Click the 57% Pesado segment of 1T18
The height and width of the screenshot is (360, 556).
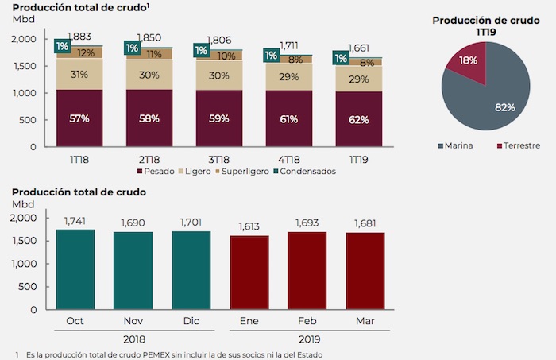[x=79, y=118]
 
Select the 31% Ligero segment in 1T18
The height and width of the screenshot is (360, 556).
[x=79, y=74]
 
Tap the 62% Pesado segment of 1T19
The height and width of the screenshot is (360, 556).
[x=358, y=120]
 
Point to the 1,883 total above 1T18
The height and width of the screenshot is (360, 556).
[x=79, y=37]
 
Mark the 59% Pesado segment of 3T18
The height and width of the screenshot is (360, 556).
[x=219, y=118]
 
